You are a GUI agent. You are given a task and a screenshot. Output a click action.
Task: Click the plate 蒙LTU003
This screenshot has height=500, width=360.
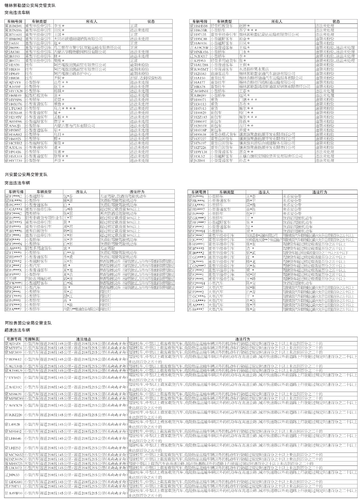(x=13, y=109)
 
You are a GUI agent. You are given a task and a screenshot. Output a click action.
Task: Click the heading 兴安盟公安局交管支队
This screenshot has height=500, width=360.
(x=26, y=175)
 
